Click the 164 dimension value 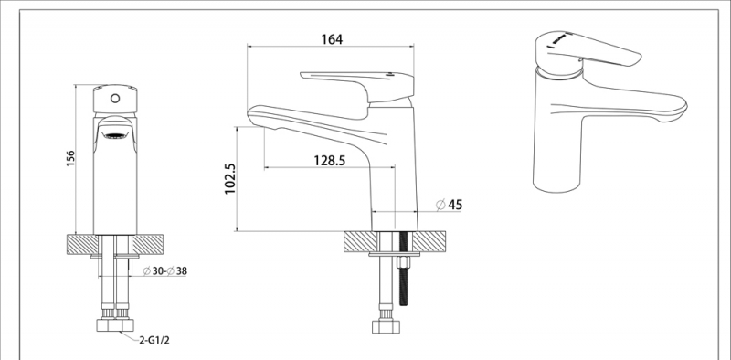click(332, 39)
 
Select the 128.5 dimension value click(330, 161)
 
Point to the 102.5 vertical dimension click(230, 178)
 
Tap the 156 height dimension click(70, 160)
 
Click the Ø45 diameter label click(450, 205)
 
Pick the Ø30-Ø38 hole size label click(165, 270)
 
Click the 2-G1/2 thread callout click(154, 340)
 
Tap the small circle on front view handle click(115, 99)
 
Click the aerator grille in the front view click(115, 136)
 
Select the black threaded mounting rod click(404, 269)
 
